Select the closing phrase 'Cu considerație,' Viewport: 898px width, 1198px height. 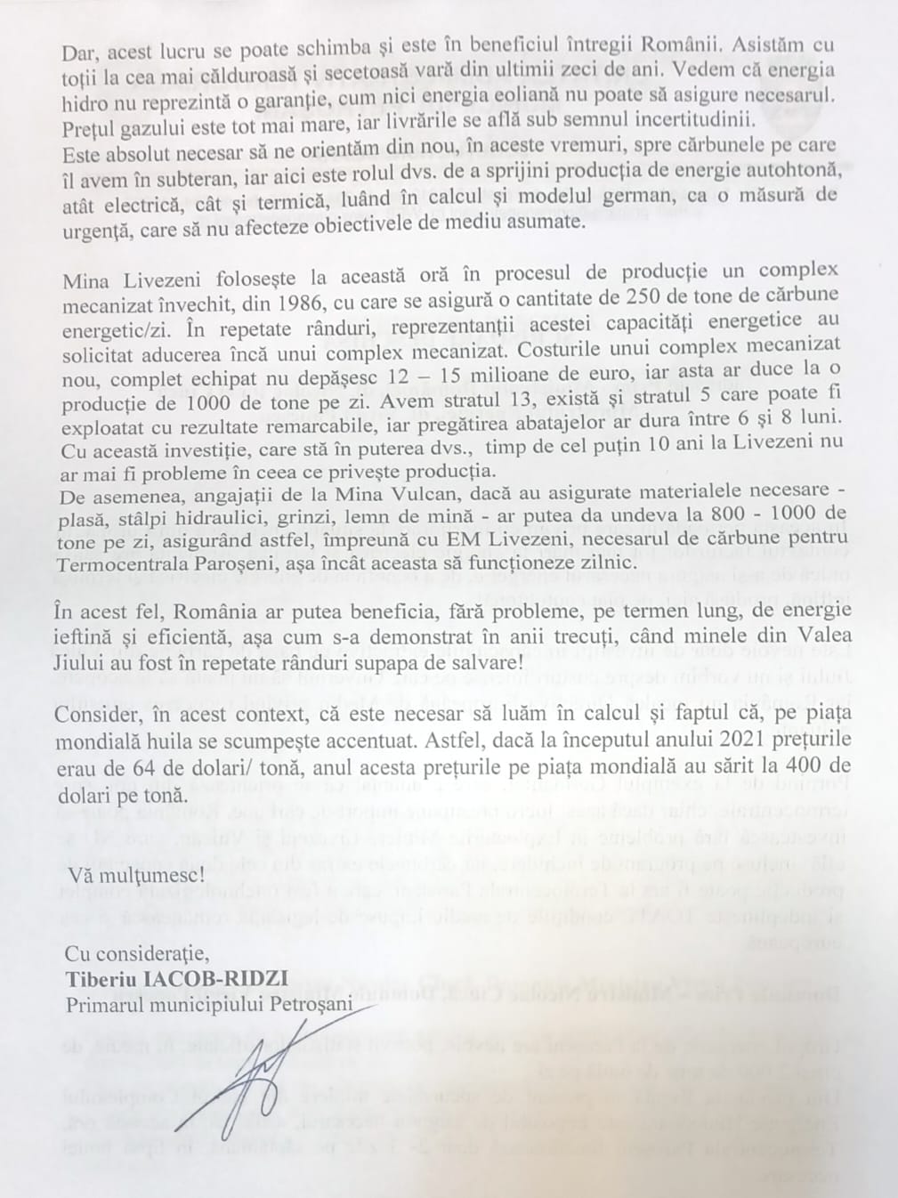pos(137,955)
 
